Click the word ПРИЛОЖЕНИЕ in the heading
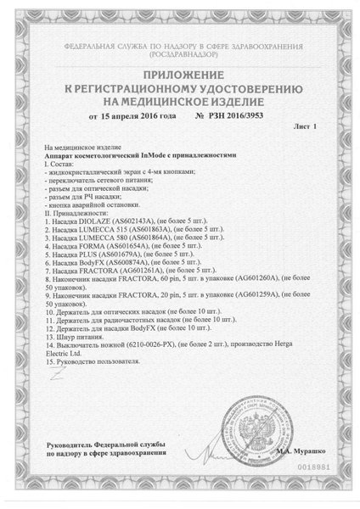pos(179,74)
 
